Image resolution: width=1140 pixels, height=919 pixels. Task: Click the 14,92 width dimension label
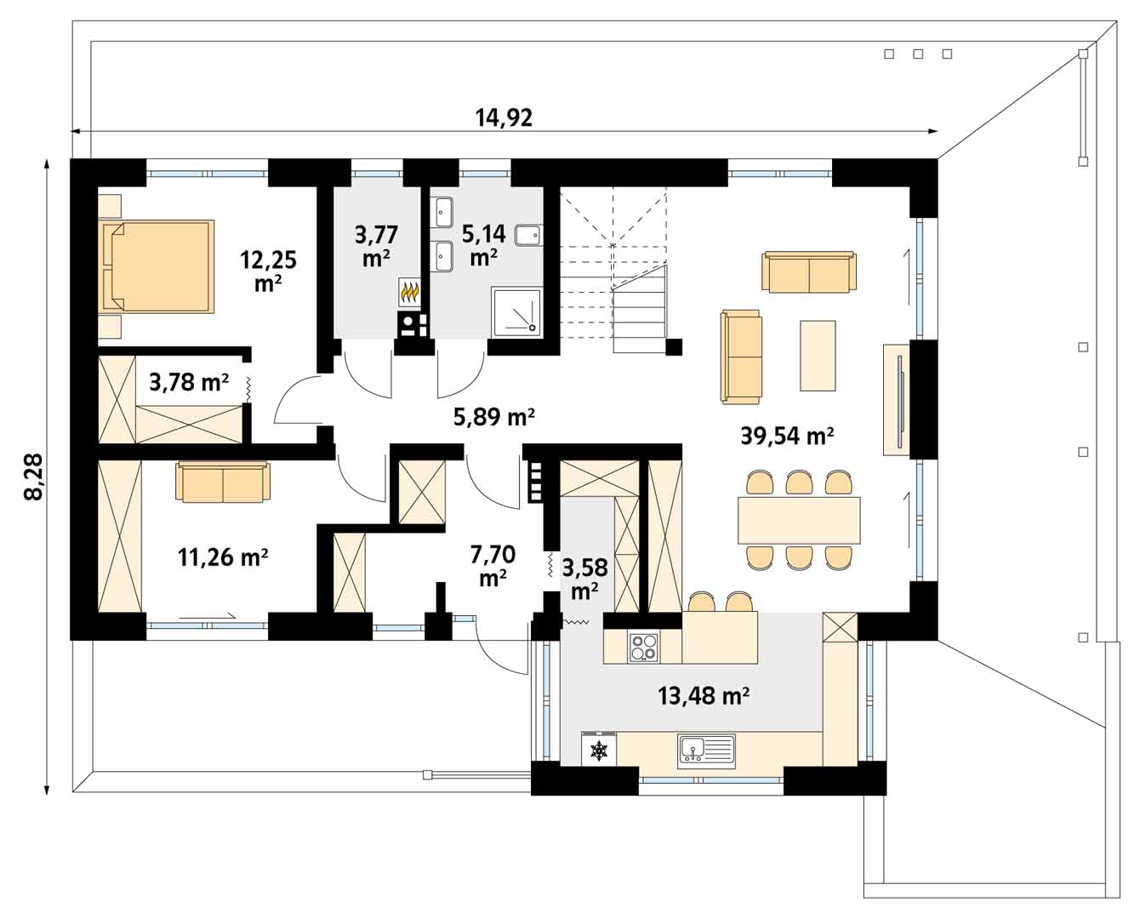(x=504, y=117)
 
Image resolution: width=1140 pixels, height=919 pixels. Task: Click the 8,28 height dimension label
(x=34, y=477)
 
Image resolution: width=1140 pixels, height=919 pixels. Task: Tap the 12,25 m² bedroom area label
(x=268, y=271)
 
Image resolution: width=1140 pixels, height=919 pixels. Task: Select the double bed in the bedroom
(x=157, y=265)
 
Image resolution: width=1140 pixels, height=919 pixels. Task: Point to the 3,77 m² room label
(x=376, y=245)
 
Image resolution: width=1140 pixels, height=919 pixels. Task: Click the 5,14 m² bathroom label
(x=483, y=244)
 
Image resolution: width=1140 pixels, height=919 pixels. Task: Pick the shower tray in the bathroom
(x=516, y=310)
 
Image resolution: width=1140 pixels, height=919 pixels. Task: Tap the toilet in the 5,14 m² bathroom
(x=528, y=235)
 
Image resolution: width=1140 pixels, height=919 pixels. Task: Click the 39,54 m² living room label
(x=787, y=436)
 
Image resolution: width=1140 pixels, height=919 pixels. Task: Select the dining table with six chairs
(x=799, y=520)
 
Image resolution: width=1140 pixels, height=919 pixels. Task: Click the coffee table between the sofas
(x=818, y=355)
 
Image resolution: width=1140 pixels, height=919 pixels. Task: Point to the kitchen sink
(x=706, y=750)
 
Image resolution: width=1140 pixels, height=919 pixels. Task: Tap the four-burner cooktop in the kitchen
(x=642, y=648)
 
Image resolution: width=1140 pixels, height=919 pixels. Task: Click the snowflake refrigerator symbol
(x=600, y=751)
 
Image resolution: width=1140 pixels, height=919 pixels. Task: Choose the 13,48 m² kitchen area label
(x=703, y=696)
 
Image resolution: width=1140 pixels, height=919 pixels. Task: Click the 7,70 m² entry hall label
(x=493, y=566)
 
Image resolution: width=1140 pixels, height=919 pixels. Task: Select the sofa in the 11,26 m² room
(x=223, y=482)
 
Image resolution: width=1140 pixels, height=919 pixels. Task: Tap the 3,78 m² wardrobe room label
(x=189, y=383)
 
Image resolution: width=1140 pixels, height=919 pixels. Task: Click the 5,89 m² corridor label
(x=494, y=417)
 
